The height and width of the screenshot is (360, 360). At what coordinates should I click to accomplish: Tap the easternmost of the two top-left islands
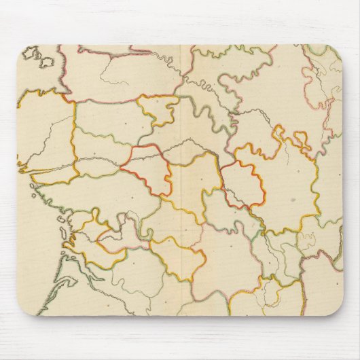46,61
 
